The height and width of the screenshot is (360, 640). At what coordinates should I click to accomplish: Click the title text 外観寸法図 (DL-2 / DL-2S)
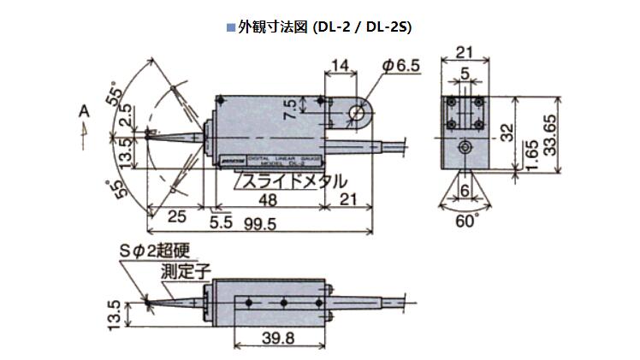324,27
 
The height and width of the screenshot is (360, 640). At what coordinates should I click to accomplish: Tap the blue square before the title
230,27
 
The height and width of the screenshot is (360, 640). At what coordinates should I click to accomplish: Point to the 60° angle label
465,221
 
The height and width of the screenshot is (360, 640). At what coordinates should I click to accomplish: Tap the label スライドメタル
293,180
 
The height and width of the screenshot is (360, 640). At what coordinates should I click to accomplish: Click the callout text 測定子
185,272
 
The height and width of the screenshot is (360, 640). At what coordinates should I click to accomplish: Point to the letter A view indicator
84,111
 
